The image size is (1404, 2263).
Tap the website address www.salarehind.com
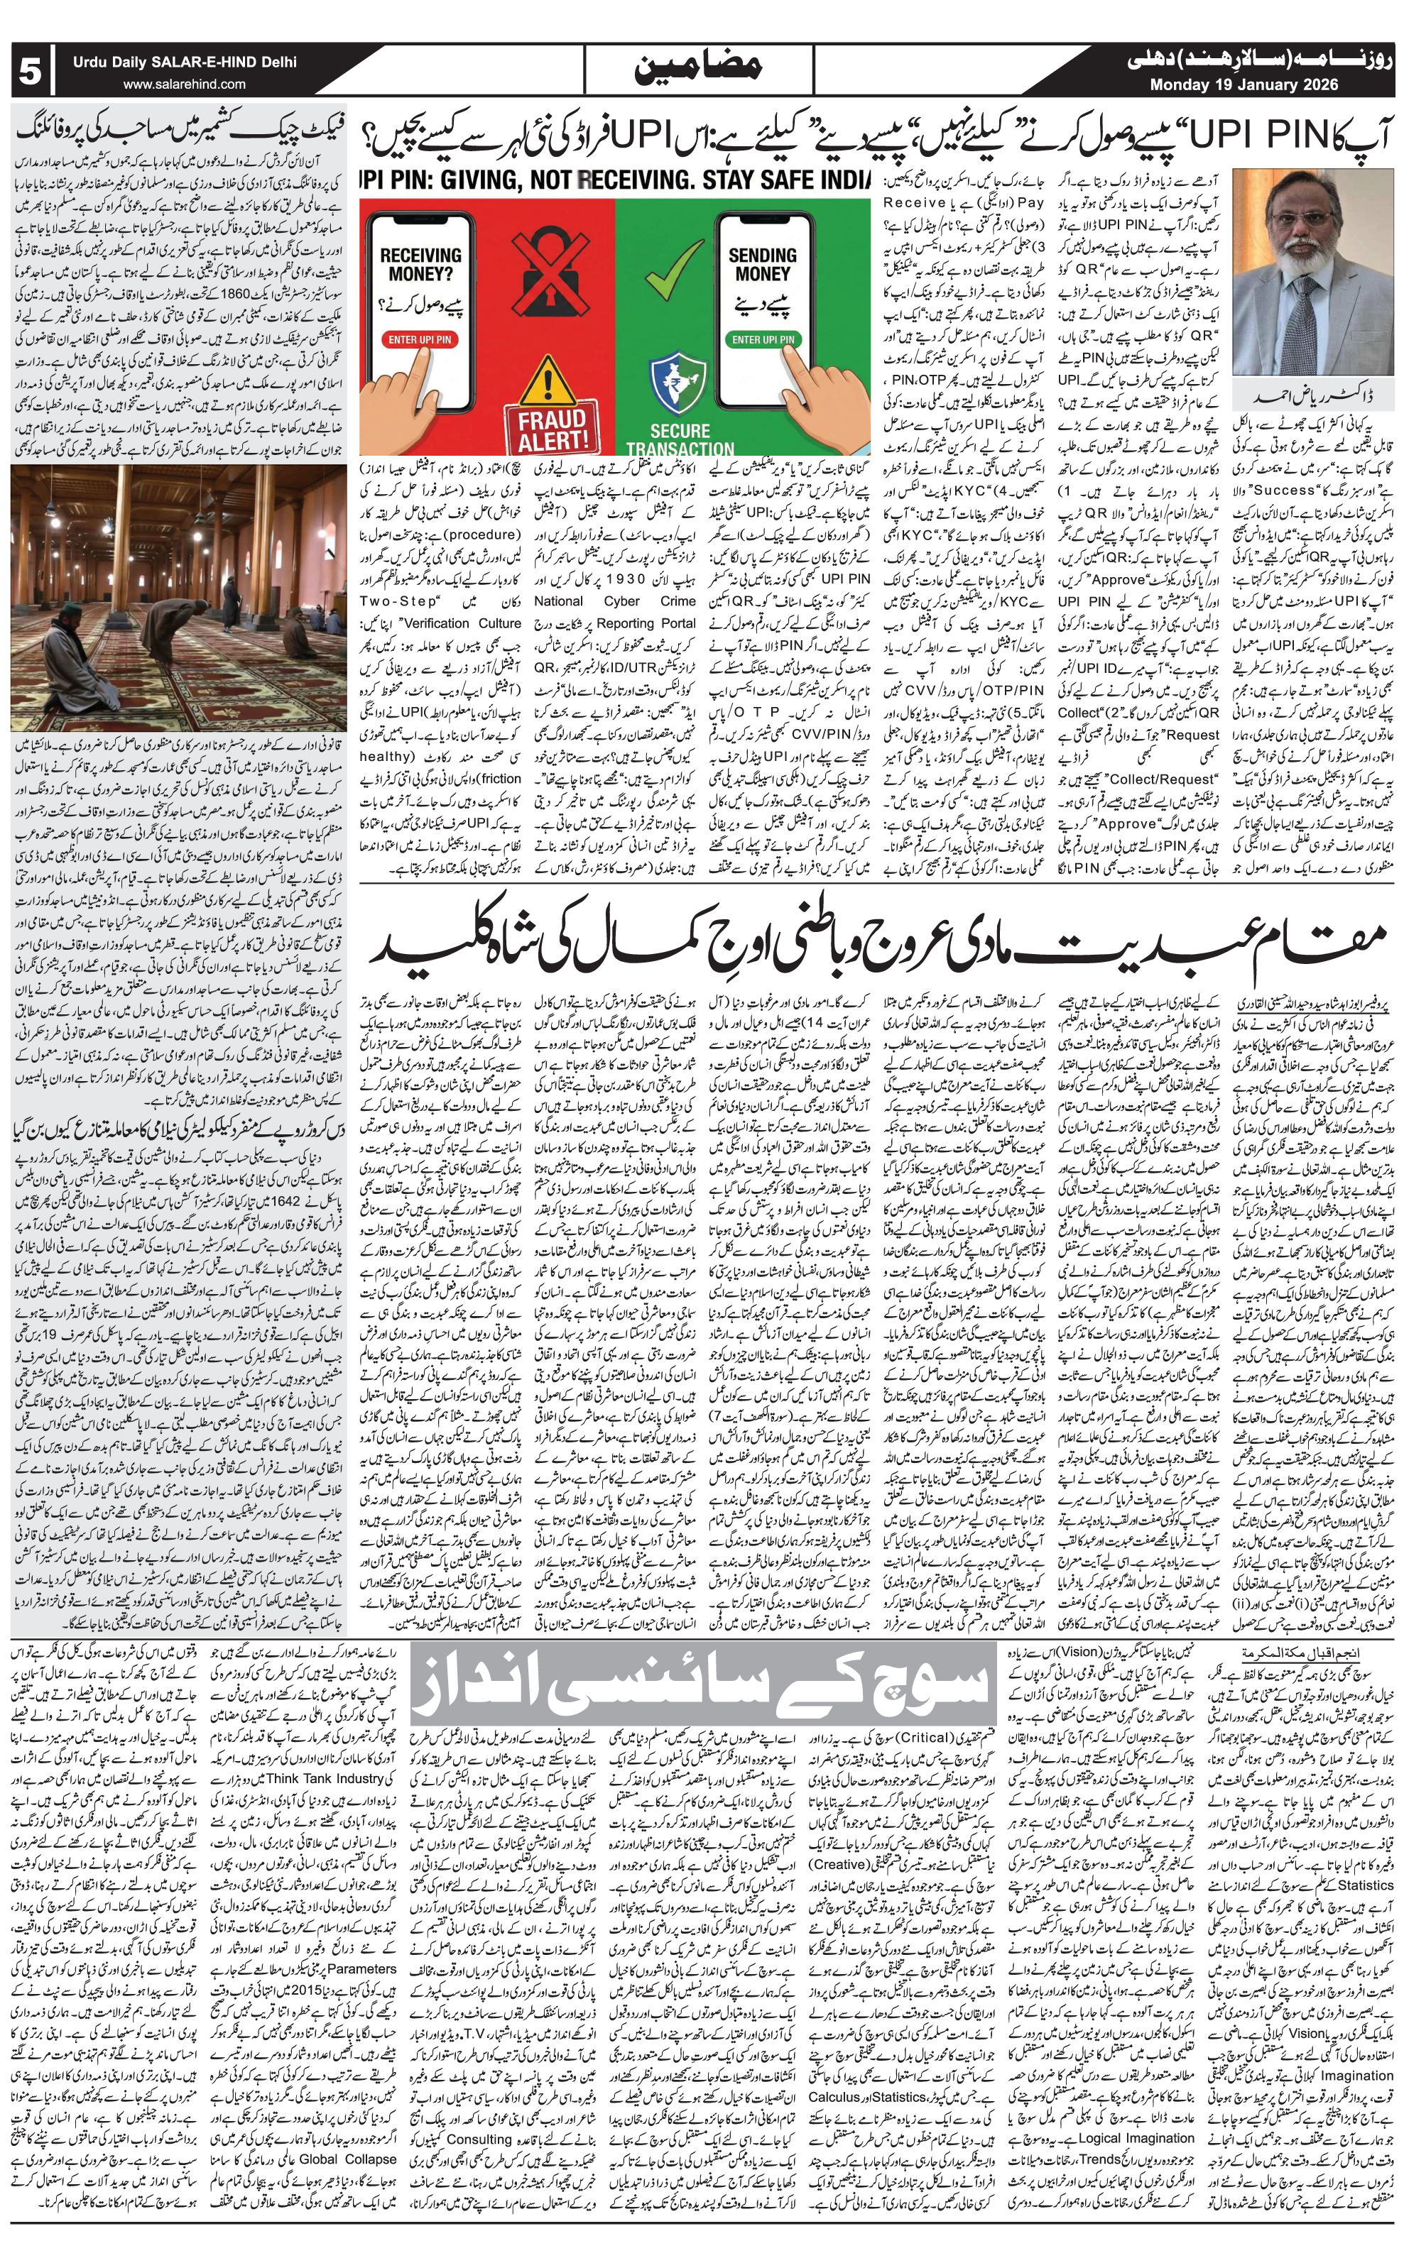184,84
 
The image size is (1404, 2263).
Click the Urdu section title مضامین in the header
698,69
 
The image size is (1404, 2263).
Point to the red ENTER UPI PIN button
420,340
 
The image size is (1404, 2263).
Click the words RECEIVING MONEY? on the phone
420,265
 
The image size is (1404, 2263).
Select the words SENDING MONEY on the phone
762,265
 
